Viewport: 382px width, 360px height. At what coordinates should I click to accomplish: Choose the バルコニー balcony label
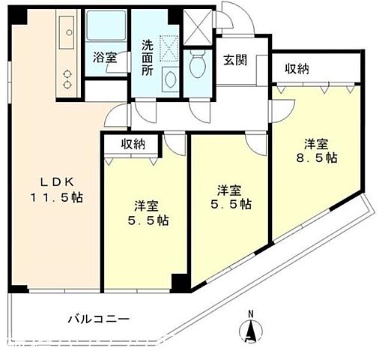(98, 319)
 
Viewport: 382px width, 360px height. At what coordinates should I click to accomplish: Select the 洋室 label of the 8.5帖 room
(315, 142)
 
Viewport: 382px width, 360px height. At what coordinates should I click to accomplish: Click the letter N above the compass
(252, 313)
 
